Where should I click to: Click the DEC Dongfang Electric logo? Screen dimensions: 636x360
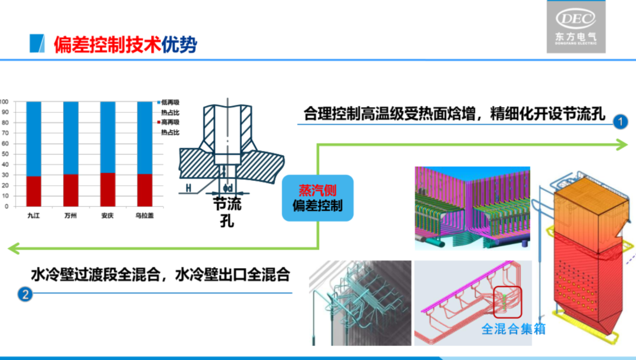tap(576, 27)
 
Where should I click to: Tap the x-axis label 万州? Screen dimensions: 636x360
tap(71, 216)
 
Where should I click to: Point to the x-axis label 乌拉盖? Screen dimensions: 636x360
tap(144, 216)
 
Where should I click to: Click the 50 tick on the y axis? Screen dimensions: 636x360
tap(5, 154)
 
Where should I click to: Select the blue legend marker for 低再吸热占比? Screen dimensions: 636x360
tap(158, 102)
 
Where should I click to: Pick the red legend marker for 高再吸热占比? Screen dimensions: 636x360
tap(158, 122)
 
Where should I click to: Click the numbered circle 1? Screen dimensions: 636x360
tap(620, 122)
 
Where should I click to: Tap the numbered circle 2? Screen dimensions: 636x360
tap(25, 293)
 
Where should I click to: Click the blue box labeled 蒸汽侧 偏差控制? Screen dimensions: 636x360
tap(317, 198)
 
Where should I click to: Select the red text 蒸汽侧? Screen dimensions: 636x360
tap(317, 190)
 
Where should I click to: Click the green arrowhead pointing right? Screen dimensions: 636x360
tap(623, 144)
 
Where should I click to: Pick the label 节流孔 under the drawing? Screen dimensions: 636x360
tap(227, 213)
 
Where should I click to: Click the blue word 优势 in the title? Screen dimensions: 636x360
tap(180, 44)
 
